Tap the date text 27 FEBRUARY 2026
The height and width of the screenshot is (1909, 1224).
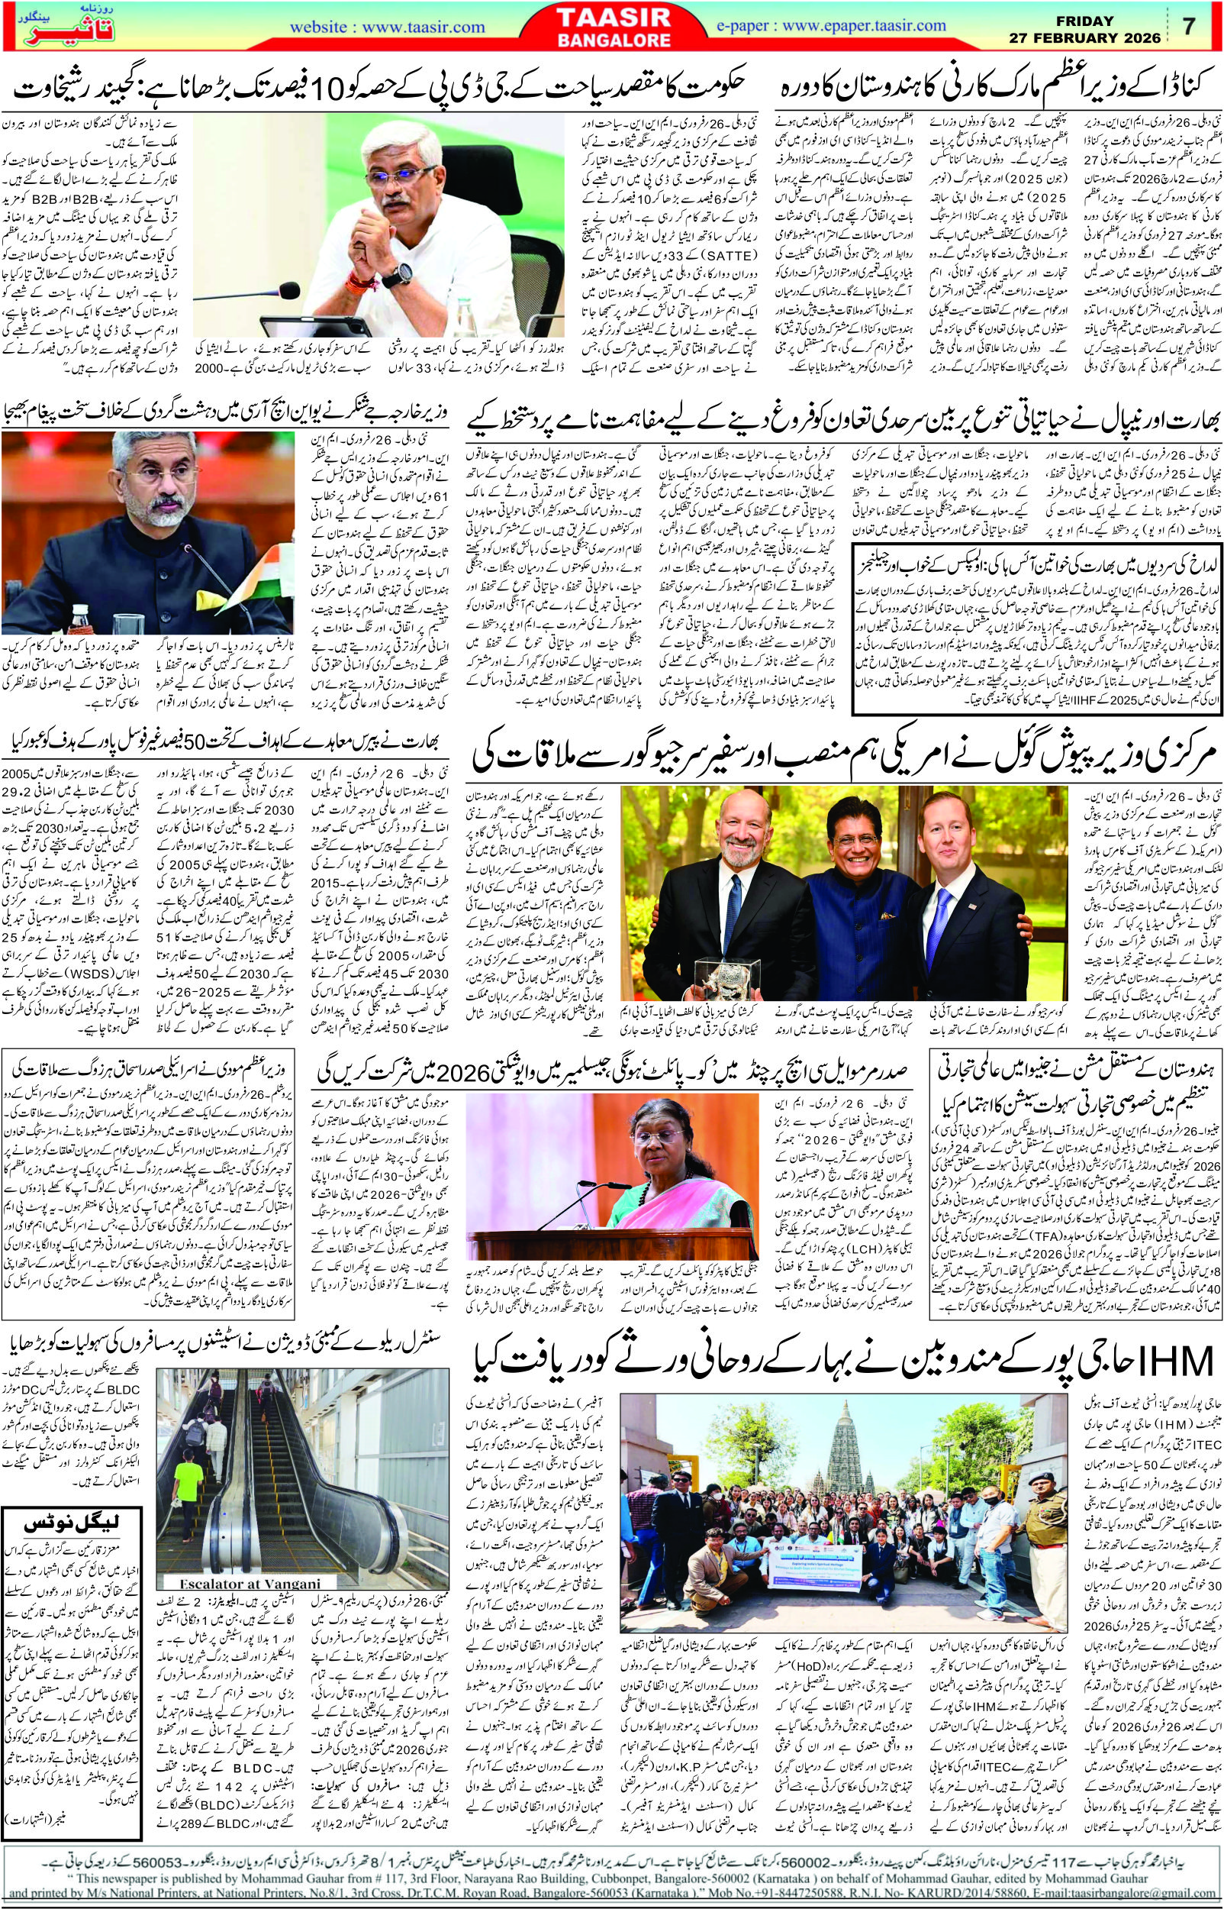(x=1088, y=37)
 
